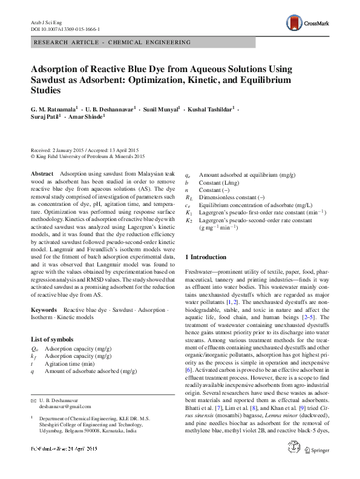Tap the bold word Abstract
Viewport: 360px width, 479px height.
42,173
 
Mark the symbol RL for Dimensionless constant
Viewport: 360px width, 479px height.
189,197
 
